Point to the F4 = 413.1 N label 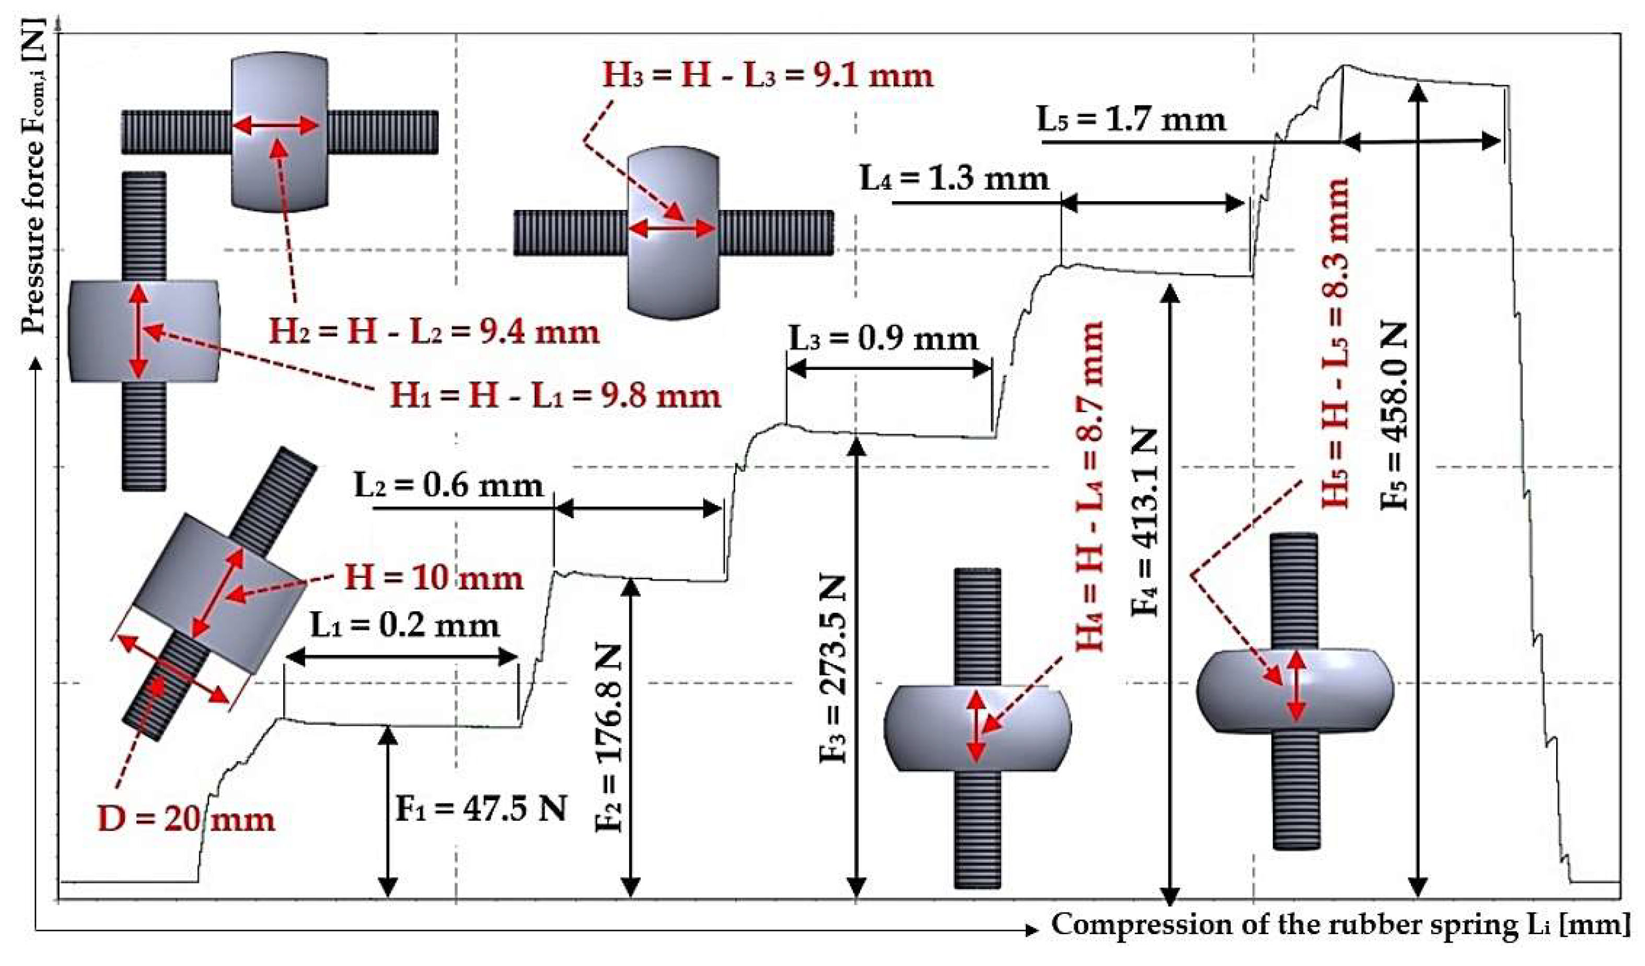(1144, 521)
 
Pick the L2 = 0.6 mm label (448, 485)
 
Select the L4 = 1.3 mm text (954, 178)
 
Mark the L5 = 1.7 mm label (1131, 120)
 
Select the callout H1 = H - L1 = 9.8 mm (555, 395)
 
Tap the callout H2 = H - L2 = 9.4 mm (434, 332)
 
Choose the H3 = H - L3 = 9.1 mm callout (768, 76)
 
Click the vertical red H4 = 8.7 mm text (1090, 486)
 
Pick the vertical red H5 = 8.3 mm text (1335, 342)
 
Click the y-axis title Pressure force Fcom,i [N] (32, 176)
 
